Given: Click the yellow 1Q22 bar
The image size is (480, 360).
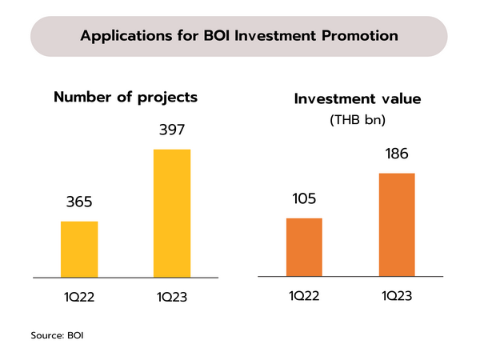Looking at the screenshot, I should point(79,249).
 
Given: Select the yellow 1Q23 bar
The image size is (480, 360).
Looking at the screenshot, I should point(172,213).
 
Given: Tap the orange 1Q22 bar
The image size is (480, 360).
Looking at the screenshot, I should point(303,247).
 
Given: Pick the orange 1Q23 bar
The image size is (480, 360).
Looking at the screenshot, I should point(396,225).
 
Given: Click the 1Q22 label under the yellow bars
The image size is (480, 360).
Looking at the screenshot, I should point(79,298).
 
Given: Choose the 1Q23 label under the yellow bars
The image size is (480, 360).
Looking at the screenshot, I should point(172,298).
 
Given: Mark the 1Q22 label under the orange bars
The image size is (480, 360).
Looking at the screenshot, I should point(303,298).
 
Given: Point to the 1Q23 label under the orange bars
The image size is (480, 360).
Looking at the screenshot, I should point(396,298).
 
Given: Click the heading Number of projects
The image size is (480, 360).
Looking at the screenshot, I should point(125,98).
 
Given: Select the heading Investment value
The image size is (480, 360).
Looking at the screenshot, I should point(358,100).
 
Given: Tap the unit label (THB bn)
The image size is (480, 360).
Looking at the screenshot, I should point(358,121).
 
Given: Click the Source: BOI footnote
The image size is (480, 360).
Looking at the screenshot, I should point(57,335).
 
